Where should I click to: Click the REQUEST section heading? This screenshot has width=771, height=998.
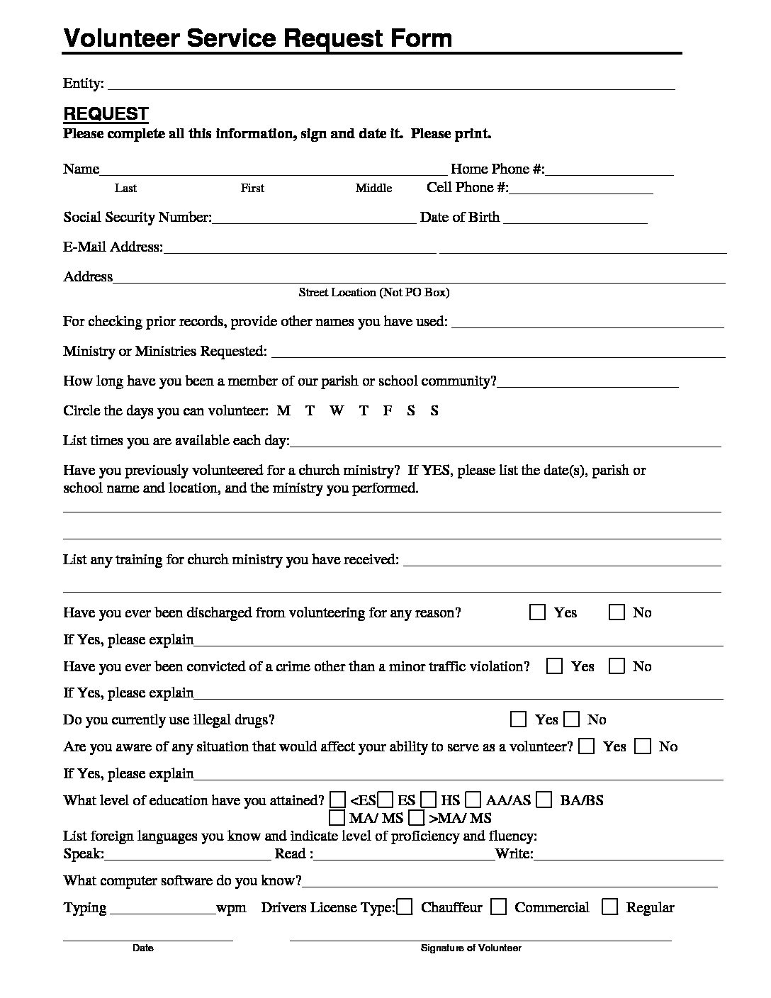pyautogui.click(x=106, y=114)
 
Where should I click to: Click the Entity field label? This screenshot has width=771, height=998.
pyautogui.click(x=83, y=84)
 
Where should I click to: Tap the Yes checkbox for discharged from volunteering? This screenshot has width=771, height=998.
pyautogui.click(x=537, y=612)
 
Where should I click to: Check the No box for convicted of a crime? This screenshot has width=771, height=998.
pyautogui.click(x=618, y=666)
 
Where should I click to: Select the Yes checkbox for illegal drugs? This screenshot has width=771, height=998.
pyautogui.click(x=519, y=720)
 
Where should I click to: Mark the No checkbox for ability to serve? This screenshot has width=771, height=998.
pyautogui.click(x=643, y=746)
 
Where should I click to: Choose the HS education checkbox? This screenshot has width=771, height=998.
pyautogui.click(x=429, y=800)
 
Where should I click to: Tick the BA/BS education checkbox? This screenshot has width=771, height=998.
pyautogui.click(x=544, y=800)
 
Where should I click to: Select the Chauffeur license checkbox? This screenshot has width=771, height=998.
pyautogui.click(x=405, y=907)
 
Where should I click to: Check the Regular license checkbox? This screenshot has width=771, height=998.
pyautogui.click(x=610, y=907)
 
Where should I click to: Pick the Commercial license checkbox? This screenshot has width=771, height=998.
pyautogui.click(x=499, y=907)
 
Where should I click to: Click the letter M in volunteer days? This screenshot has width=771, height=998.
pyautogui.click(x=283, y=410)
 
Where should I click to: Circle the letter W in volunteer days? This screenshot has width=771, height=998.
pyautogui.click(x=337, y=410)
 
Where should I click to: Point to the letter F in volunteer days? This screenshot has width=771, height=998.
pyautogui.click(x=388, y=410)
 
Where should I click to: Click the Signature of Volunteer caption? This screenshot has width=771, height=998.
pyautogui.click(x=471, y=948)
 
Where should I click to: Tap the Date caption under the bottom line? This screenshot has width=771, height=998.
pyautogui.click(x=143, y=948)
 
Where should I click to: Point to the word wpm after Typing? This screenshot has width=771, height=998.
pyautogui.click(x=232, y=908)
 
